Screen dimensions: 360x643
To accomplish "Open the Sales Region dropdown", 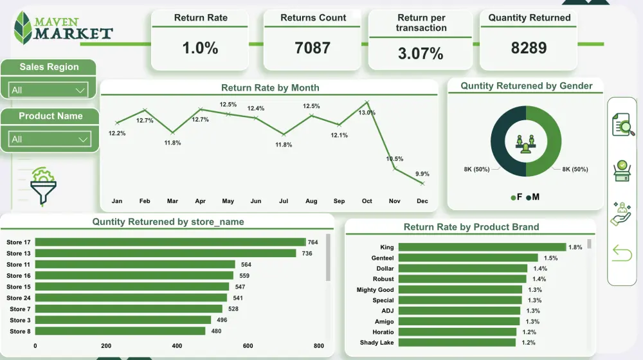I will click(x=49, y=90).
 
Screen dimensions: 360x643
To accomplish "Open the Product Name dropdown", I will click(x=49, y=139).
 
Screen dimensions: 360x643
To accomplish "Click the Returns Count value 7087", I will click(x=312, y=48).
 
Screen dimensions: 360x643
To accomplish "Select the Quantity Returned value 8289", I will click(x=529, y=48).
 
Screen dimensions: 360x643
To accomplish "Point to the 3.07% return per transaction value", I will click(x=421, y=54).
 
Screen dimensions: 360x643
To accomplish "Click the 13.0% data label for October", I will click(x=367, y=113).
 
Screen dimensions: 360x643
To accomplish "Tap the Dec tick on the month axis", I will click(x=422, y=201).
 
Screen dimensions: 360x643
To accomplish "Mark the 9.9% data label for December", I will click(x=422, y=174).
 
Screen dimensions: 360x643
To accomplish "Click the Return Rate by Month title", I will click(x=270, y=87).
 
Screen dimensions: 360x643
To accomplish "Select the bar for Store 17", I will click(x=170, y=242).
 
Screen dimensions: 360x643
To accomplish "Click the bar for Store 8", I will click(x=120, y=331).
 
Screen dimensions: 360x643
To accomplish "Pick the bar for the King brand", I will click(x=482, y=247).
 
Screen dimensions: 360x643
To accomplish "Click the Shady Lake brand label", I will click(x=377, y=343).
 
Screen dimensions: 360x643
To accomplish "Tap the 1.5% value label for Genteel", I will click(x=550, y=258).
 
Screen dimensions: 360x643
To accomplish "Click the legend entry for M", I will click(x=532, y=197).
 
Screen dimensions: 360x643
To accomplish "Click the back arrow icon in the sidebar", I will click(x=622, y=253).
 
